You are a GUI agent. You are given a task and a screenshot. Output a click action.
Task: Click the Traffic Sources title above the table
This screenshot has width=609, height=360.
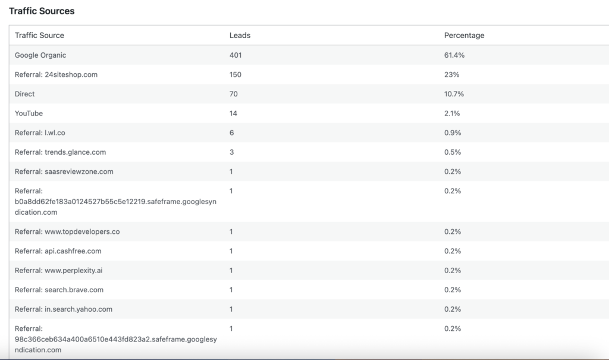[42, 11]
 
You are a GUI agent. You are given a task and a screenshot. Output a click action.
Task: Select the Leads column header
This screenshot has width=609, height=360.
[240, 35]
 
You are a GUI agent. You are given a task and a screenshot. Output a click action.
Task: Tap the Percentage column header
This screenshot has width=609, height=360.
[464, 35]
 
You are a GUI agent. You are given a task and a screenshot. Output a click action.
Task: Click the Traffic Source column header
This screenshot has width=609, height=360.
[39, 35]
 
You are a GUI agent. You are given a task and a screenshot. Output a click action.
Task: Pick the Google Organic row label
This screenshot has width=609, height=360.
[40, 55]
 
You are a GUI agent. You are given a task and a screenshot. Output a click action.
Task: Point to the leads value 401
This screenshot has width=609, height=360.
[236, 55]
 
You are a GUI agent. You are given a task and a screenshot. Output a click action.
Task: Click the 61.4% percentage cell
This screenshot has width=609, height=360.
[454, 55]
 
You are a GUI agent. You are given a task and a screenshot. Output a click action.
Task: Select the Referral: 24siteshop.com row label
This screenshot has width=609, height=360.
[56, 74]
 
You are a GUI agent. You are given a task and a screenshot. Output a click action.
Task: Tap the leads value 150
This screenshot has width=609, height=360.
[236, 74]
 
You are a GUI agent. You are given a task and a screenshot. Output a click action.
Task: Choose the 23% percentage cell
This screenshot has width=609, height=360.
[451, 74]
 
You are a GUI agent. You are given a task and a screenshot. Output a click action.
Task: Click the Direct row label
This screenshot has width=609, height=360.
[25, 94]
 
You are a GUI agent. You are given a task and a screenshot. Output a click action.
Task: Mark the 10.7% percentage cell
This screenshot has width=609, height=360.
[454, 94]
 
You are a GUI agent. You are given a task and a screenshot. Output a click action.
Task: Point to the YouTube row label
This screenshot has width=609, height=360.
[29, 113]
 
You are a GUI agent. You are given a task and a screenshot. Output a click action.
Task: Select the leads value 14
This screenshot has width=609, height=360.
[234, 113]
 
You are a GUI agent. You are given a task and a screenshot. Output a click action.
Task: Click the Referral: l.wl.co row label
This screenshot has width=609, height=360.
[40, 133]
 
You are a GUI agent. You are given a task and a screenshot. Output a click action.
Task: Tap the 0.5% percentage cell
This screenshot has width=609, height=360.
[453, 152]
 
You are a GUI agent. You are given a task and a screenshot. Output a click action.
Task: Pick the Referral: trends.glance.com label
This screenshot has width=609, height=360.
[60, 152]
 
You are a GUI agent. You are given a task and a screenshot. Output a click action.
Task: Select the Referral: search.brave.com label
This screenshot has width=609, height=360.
[59, 290]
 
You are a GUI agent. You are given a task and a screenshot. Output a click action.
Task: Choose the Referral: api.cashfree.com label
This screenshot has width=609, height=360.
[58, 251]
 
